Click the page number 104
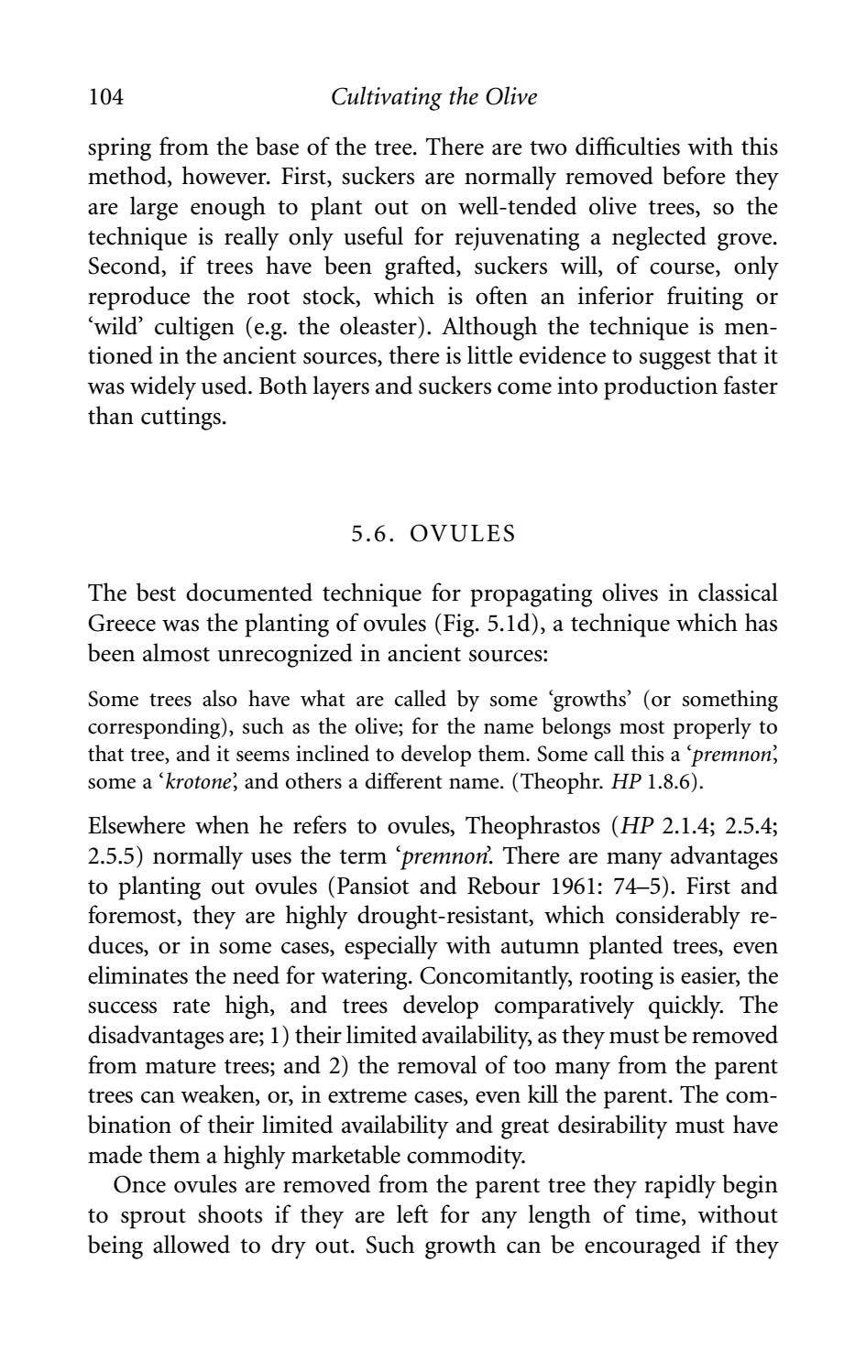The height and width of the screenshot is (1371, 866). [x=105, y=96]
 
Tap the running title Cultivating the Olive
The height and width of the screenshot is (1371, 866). [x=433, y=96]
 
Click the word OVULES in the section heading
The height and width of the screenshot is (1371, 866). [x=462, y=533]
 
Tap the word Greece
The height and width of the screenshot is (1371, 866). [x=122, y=624]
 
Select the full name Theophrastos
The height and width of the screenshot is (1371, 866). [x=531, y=826]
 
